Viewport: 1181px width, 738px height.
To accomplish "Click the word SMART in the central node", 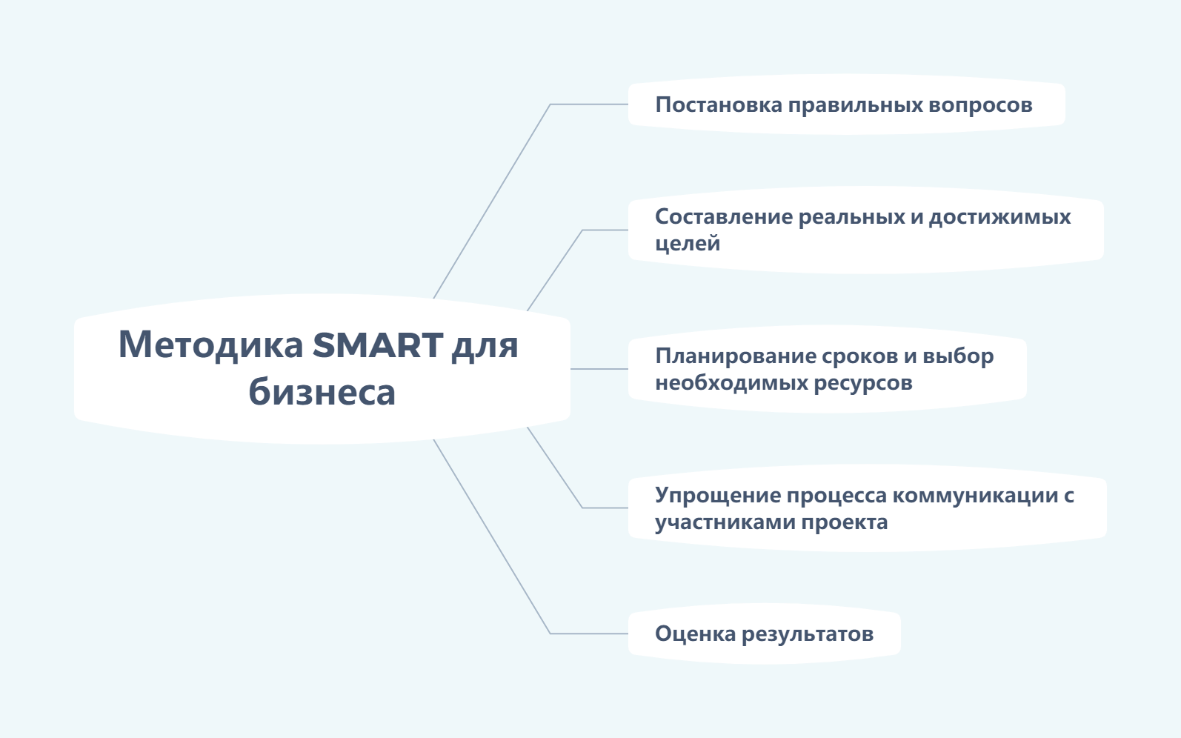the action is (378, 345).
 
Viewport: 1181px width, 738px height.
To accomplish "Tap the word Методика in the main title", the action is (211, 345).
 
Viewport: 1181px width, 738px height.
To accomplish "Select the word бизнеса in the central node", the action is (322, 392).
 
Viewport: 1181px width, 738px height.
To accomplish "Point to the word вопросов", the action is (980, 105).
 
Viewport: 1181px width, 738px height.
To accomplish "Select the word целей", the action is (688, 244).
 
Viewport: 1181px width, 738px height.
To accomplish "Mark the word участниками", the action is (725, 522).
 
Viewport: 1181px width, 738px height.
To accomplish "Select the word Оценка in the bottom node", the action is (696, 634).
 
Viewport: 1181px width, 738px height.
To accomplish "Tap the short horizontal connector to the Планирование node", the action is (599, 369).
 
